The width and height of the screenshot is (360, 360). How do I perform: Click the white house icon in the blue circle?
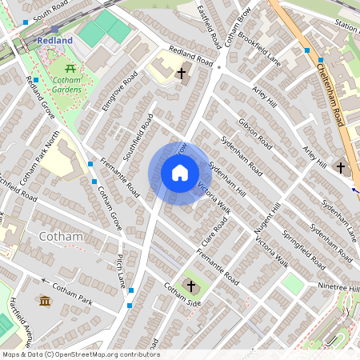[180, 173]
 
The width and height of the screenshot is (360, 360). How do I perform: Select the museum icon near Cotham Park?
[45, 300]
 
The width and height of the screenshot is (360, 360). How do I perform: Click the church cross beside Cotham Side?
[191, 286]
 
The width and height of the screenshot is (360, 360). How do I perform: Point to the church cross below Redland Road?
[182, 74]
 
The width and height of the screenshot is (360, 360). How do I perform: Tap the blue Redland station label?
[54, 40]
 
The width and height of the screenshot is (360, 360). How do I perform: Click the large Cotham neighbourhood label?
[60, 237]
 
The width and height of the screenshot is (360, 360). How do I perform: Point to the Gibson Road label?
[255, 136]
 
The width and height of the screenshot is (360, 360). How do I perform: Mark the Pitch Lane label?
[122, 271]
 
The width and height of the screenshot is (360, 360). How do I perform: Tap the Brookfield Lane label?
[259, 49]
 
